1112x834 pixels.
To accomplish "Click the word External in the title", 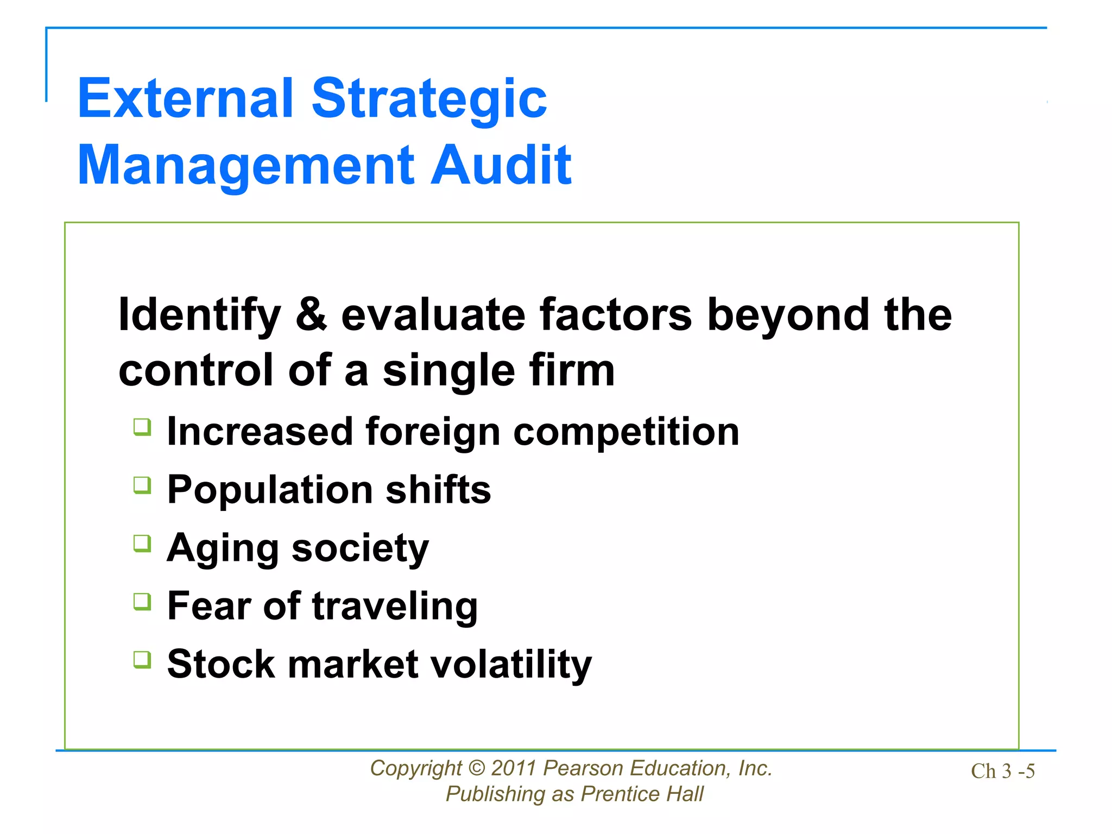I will click(x=185, y=98).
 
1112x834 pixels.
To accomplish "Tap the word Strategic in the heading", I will click(x=429, y=98).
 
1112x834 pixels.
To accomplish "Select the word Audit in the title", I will click(x=501, y=165).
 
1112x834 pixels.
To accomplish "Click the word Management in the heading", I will click(x=247, y=165).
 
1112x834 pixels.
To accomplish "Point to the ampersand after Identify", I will click(x=311, y=315).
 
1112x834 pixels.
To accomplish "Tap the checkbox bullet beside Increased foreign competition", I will click(x=142, y=427).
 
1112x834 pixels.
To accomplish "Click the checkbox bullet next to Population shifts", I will click(x=142, y=485).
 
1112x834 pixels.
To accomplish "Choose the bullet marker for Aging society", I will click(x=142, y=544).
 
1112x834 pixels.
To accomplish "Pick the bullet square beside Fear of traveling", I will click(x=142, y=602).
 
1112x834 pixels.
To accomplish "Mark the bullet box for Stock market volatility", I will click(x=142, y=660).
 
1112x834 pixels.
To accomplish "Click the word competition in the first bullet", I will click(x=626, y=432).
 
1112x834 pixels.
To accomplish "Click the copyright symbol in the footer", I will click(x=476, y=768).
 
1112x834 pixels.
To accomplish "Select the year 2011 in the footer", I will click(x=514, y=768).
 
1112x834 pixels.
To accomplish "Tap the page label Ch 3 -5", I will click(x=1002, y=772).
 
